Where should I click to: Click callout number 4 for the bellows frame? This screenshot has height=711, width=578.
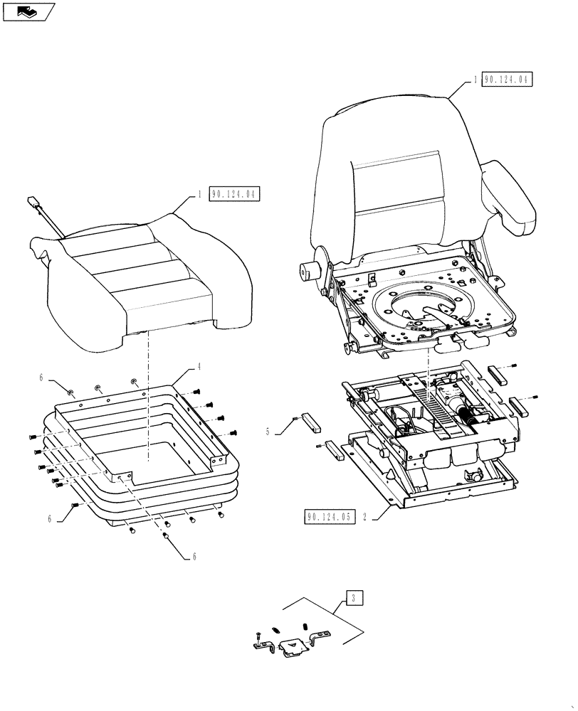199,367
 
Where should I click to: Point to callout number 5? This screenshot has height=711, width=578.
268,431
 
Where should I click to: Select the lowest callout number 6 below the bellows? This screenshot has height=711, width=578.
194,557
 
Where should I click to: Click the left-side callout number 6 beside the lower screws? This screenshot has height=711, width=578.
51,519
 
